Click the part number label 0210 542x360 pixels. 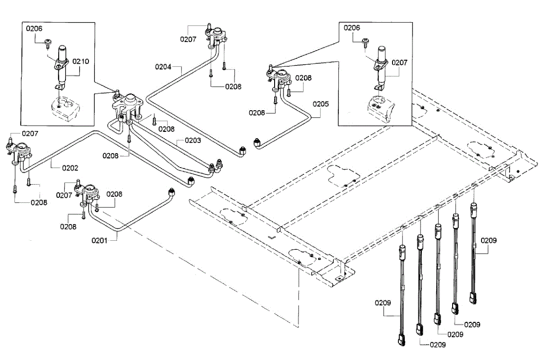(x=81, y=61)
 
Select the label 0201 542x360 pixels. (x=99, y=240)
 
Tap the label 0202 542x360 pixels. (x=70, y=168)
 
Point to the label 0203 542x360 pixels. (x=193, y=140)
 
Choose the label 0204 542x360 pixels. (x=163, y=67)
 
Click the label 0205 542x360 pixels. (x=321, y=104)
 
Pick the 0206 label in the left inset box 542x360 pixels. (x=34, y=28)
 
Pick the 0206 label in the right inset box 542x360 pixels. (x=352, y=28)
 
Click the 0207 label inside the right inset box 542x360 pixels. (x=400, y=63)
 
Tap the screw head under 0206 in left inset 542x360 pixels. (x=48, y=42)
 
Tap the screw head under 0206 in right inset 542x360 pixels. (x=365, y=42)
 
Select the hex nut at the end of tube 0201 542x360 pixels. (x=171, y=192)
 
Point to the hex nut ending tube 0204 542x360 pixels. (x=243, y=151)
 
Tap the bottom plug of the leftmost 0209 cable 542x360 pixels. (x=402, y=340)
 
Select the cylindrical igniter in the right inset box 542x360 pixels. (x=382, y=67)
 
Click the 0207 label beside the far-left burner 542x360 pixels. (x=30, y=134)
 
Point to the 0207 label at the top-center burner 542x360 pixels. (x=188, y=39)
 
